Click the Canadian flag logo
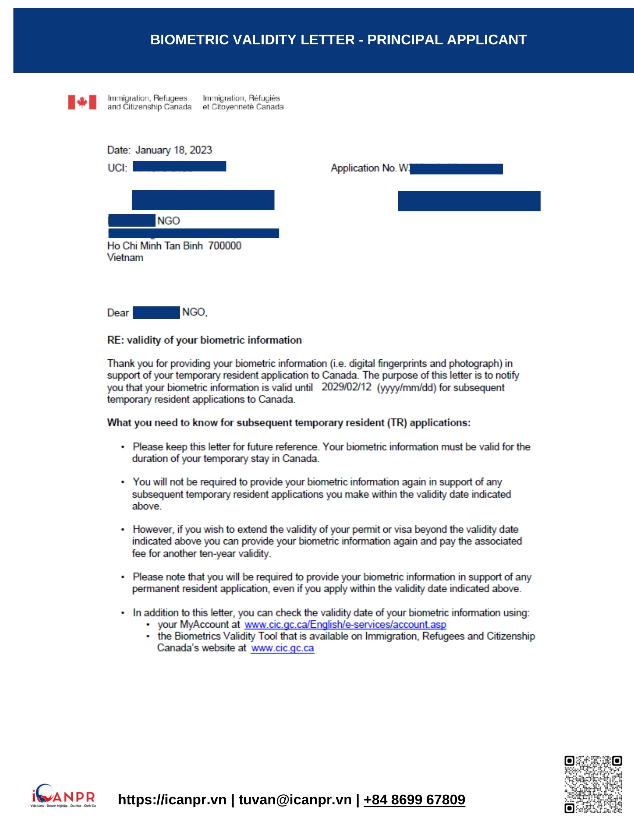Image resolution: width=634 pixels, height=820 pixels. click(x=82, y=102)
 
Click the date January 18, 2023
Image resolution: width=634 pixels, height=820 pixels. click(x=173, y=150)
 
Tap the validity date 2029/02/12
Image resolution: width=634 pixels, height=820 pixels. click(x=346, y=387)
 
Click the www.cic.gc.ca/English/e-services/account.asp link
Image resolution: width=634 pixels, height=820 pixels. click(x=345, y=624)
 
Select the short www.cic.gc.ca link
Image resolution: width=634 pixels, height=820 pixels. click(x=282, y=648)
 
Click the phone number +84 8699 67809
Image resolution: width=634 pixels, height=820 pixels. click(x=414, y=800)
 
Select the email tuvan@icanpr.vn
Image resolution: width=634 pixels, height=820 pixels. click(x=295, y=800)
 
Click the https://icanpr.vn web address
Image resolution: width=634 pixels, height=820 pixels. click(x=172, y=800)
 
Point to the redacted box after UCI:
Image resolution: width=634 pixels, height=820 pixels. click(x=179, y=166)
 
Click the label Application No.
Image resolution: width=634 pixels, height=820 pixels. click(x=363, y=168)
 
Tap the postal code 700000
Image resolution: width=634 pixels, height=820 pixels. click(x=225, y=246)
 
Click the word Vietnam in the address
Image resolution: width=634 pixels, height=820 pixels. click(x=125, y=258)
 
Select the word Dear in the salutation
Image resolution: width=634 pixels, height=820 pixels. click(x=118, y=313)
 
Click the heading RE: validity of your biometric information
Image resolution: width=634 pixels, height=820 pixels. click(x=204, y=340)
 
